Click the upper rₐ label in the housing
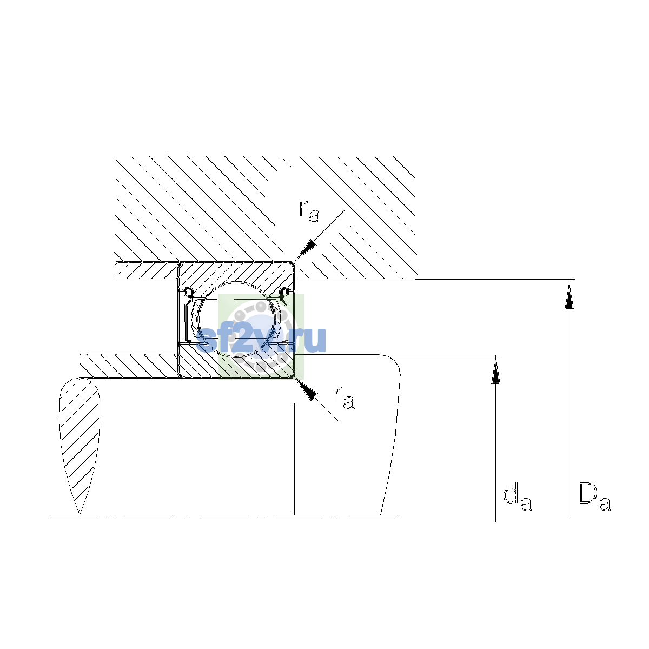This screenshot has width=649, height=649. [x=309, y=211]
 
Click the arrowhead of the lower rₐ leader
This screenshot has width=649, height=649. [x=306, y=389]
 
